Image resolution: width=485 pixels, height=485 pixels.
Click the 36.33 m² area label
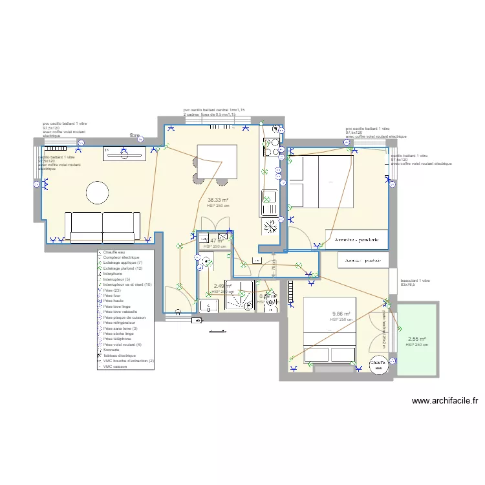coord(219,200)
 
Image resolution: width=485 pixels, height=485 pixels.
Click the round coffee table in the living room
coord(98,193)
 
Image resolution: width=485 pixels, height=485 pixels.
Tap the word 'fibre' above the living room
coord(135,136)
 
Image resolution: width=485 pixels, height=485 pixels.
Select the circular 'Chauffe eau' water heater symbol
coord(378,364)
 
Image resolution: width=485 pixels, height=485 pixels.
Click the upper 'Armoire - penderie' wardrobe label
coord(357,240)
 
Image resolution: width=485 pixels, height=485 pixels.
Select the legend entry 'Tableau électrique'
coord(119,356)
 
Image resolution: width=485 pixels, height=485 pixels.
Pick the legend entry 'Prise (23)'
coord(113,290)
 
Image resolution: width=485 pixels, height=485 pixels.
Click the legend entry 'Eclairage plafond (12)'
coord(123,268)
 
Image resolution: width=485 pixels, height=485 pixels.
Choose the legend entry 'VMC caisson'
coord(114,367)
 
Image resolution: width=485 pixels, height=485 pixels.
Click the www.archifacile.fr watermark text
coord(444,401)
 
